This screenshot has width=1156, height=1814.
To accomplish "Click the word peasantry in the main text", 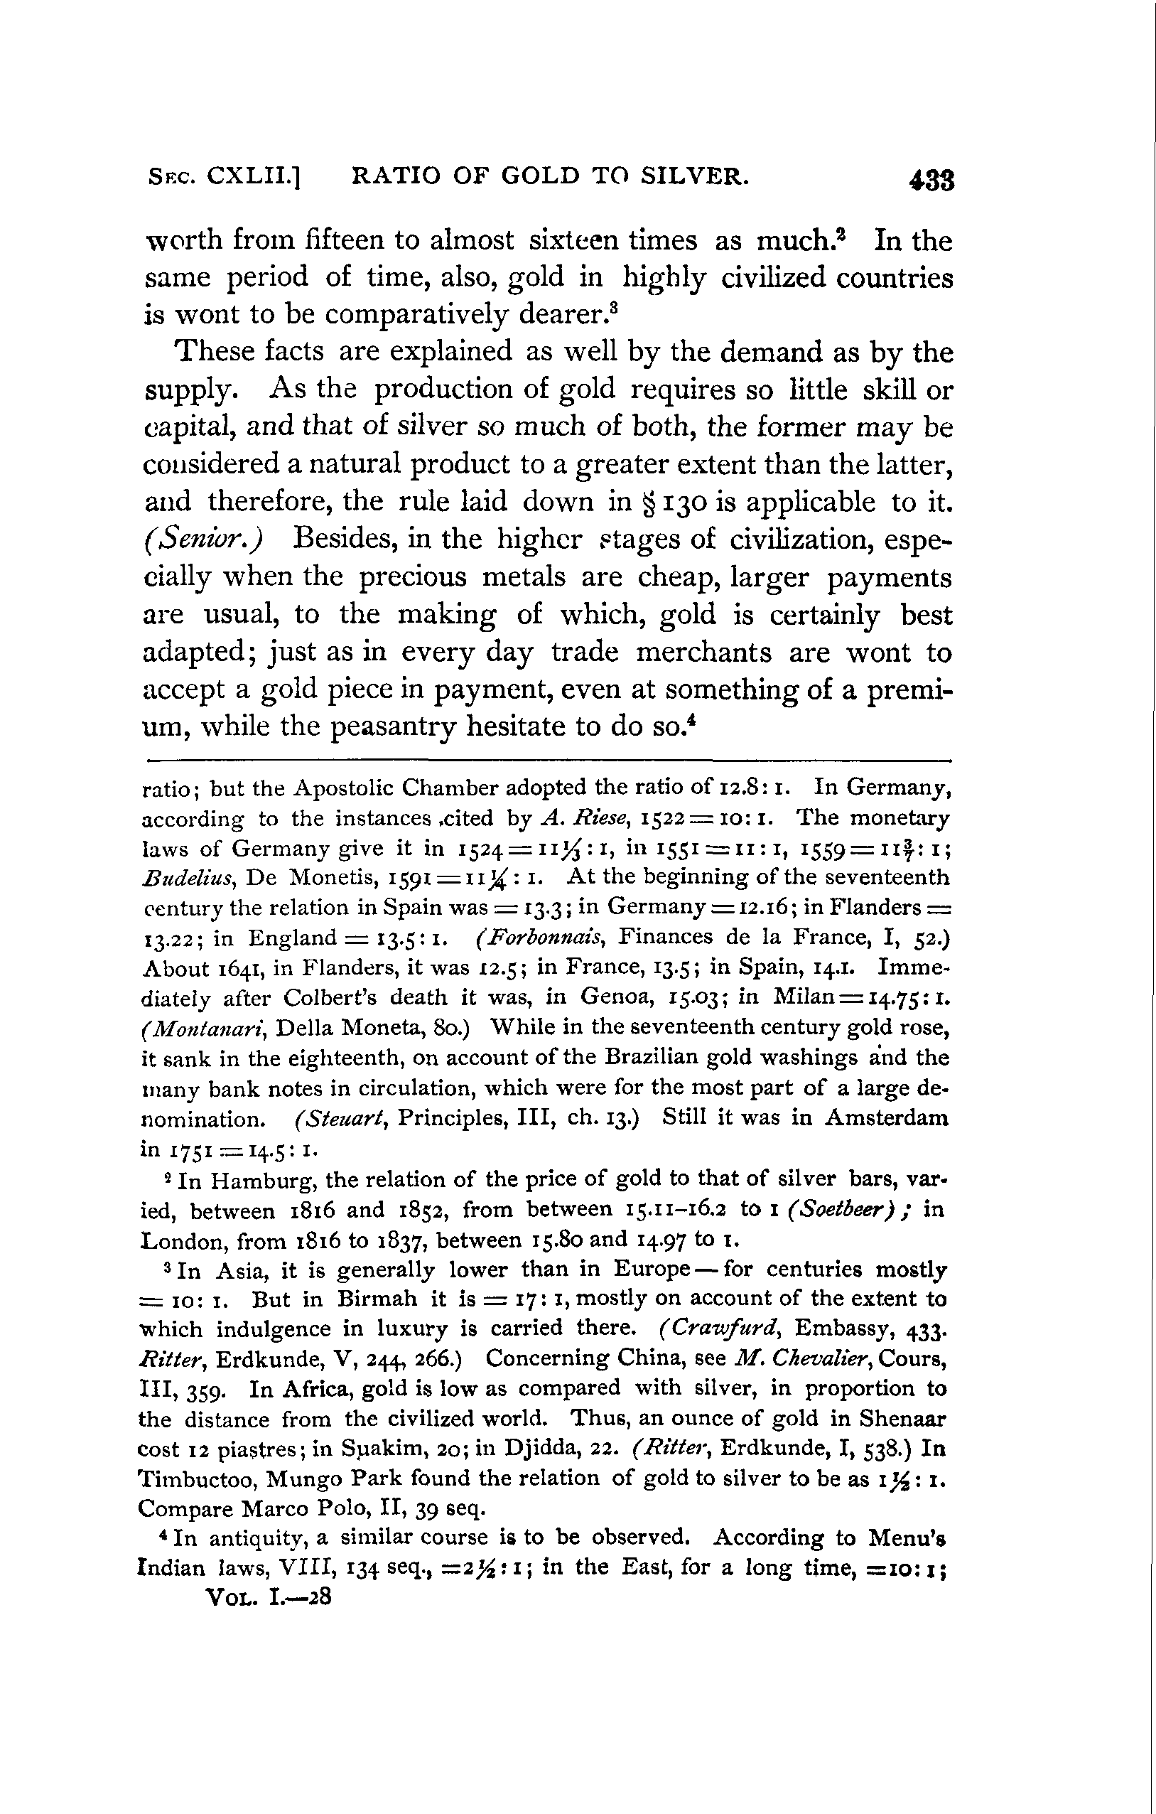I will (x=394, y=726).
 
